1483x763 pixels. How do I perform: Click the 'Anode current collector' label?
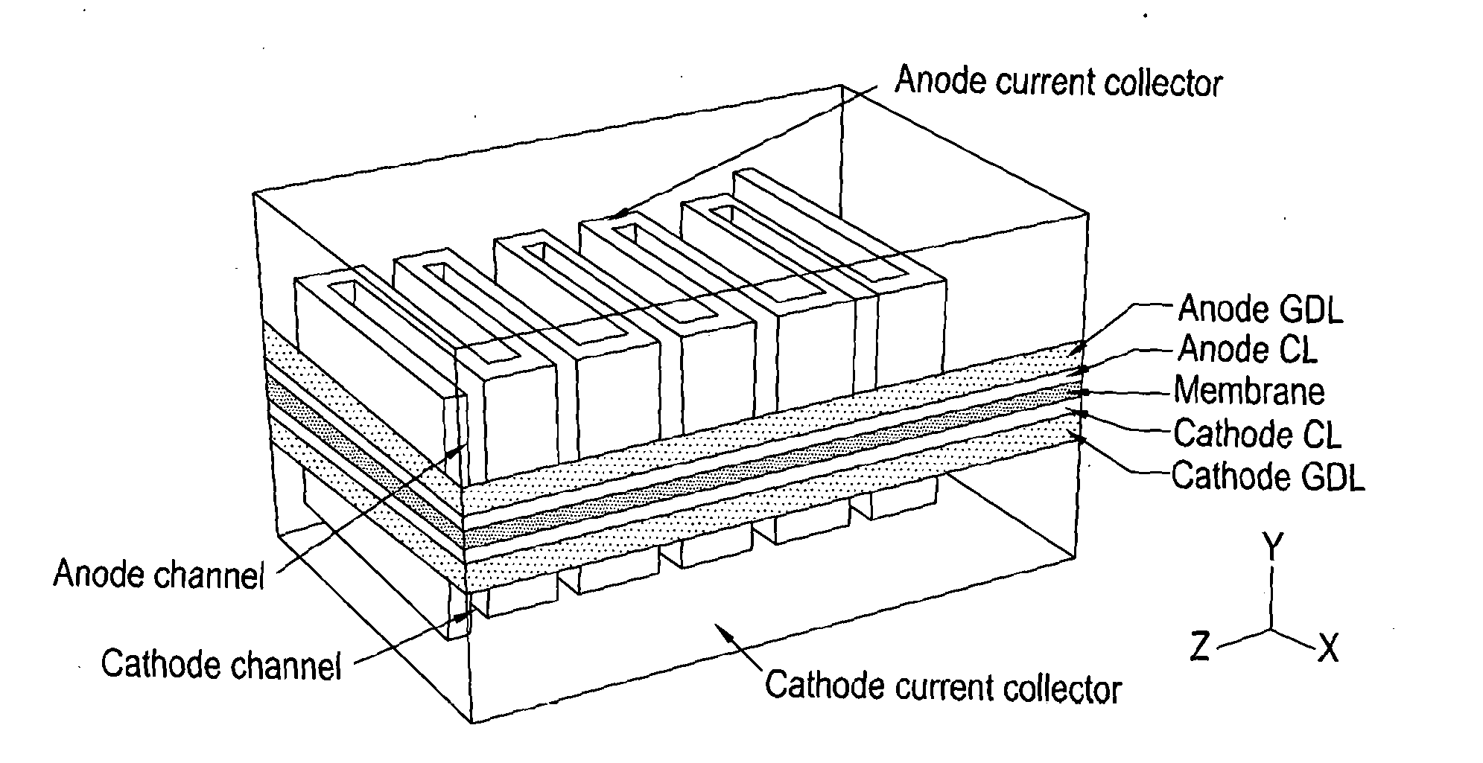click(1058, 82)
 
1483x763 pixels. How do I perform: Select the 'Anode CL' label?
click(1247, 349)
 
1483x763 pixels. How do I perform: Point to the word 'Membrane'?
click(1249, 392)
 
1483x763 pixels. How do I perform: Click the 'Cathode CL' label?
click(1257, 434)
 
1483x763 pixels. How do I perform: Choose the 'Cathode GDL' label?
click(1268, 476)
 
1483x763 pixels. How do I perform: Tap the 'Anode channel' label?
click(159, 575)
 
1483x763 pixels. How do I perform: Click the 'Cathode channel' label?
click(221, 664)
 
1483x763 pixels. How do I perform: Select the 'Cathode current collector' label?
click(943, 686)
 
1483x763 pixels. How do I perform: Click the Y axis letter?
click(1273, 548)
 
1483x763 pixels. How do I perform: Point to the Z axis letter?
click(1199, 647)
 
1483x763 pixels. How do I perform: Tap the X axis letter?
click(1328, 648)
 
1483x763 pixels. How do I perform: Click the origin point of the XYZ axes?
click(1272, 630)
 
